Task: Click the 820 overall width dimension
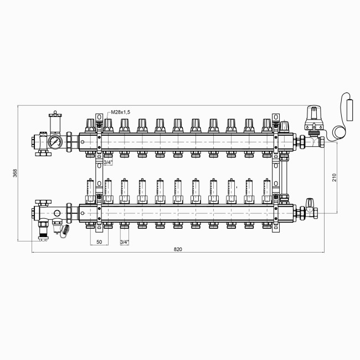click(x=178, y=249)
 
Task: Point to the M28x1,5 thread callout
click(x=120, y=112)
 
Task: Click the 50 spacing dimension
click(x=99, y=243)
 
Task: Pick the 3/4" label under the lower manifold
click(x=125, y=243)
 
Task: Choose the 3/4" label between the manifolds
click(x=109, y=162)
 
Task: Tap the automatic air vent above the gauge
click(x=54, y=122)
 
